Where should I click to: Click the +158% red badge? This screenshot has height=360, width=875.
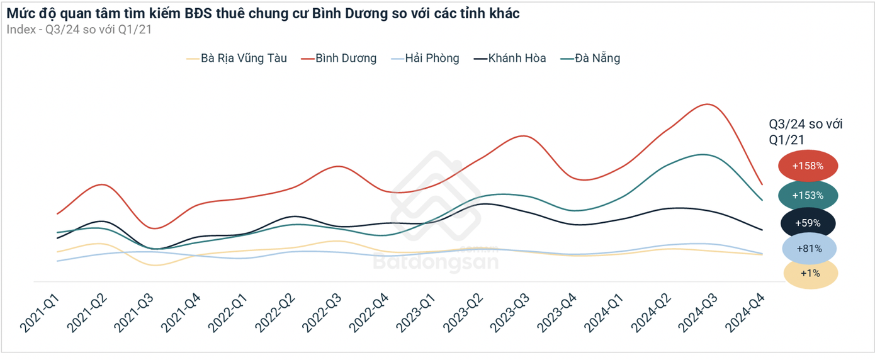[x=808, y=166]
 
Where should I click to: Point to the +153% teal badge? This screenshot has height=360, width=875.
[x=808, y=195]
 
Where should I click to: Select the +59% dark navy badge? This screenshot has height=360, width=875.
[x=808, y=223]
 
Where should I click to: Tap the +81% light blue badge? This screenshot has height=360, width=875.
[x=809, y=249]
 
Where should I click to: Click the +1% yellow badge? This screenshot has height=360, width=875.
[x=810, y=273]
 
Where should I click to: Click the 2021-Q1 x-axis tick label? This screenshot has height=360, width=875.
[x=40, y=313]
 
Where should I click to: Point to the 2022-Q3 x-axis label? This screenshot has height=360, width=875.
[x=322, y=313]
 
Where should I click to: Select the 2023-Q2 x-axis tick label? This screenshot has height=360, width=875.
[x=463, y=313]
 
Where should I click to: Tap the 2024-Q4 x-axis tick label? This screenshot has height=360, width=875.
[x=745, y=313]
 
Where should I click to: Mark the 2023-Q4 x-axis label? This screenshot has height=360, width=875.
[x=557, y=313]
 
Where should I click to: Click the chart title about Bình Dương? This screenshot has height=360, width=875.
[x=263, y=13]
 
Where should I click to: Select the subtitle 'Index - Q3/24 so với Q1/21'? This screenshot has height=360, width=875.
[x=79, y=28]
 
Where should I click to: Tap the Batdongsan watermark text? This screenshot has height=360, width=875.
[x=436, y=260]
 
